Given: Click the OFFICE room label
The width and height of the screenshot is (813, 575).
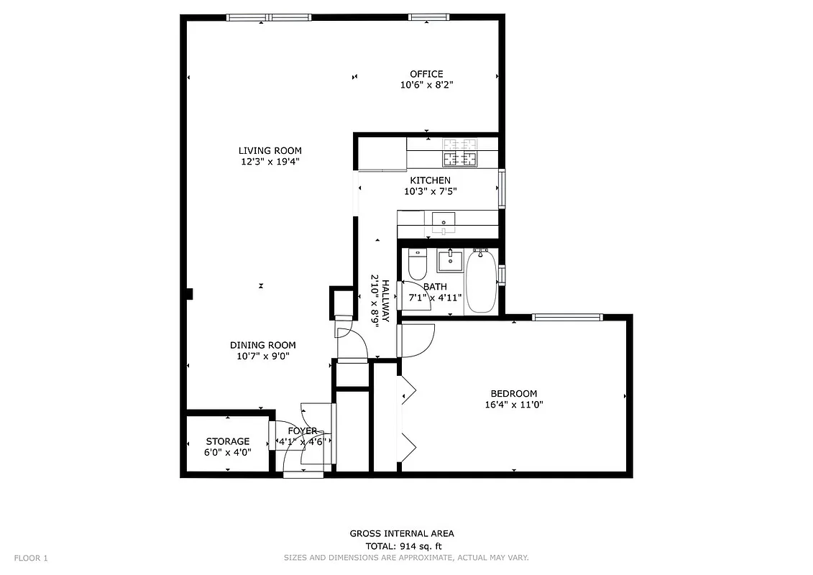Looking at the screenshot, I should pyautogui.click(x=426, y=73).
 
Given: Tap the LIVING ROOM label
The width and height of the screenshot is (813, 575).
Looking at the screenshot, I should pyautogui.click(x=270, y=150).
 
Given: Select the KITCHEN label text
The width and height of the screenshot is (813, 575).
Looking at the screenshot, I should pyautogui.click(x=430, y=180).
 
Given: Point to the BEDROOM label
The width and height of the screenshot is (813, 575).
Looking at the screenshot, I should pyautogui.click(x=513, y=393).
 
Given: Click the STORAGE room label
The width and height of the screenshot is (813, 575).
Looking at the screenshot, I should pyautogui.click(x=228, y=441).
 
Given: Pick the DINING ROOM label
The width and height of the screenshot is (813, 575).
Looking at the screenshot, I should pyautogui.click(x=262, y=345).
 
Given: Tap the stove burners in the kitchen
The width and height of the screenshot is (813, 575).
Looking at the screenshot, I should pyautogui.click(x=460, y=152).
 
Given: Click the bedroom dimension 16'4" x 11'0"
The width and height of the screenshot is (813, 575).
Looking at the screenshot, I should pyautogui.click(x=513, y=405).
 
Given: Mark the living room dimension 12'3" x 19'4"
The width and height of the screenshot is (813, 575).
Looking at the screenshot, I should pyautogui.click(x=270, y=162).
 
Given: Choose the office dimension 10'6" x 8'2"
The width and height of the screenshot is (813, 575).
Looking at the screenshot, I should pyautogui.click(x=426, y=85).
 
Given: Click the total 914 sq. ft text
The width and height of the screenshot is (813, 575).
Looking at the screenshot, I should pyautogui.click(x=401, y=546).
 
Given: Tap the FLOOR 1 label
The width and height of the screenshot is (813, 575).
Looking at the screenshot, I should pyautogui.click(x=31, y=558).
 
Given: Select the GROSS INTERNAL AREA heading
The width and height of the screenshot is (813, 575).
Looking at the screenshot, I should pyautogui.click(x=401, y=533).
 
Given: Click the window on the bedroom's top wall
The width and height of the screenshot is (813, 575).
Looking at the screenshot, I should pyautogui.click(x=567, y=317).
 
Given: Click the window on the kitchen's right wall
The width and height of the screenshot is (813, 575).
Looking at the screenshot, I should pyautogui.click(x=502, y=188).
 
